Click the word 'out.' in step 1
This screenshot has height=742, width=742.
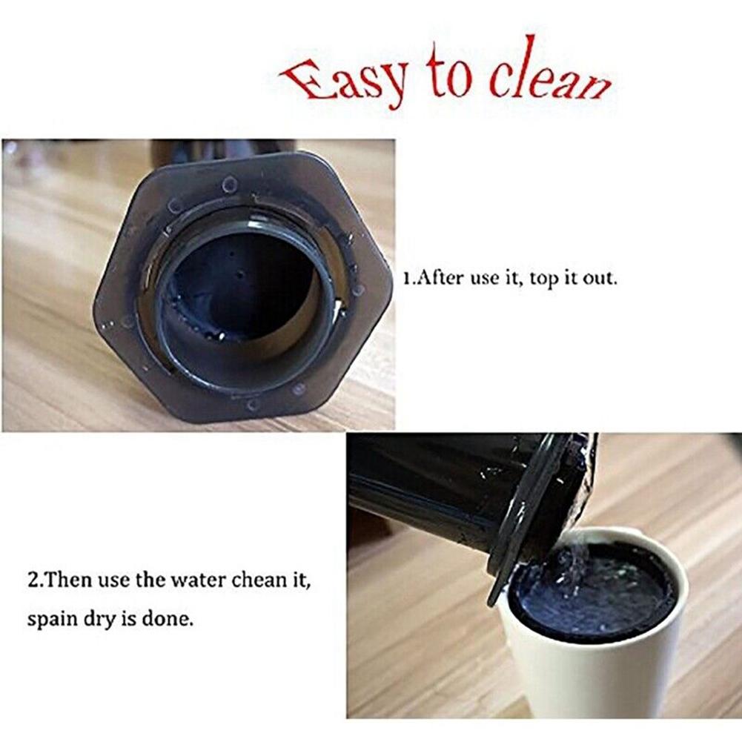point(598,281)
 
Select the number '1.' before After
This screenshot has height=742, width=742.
point(408,281)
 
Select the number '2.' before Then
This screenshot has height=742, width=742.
point(34,579)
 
